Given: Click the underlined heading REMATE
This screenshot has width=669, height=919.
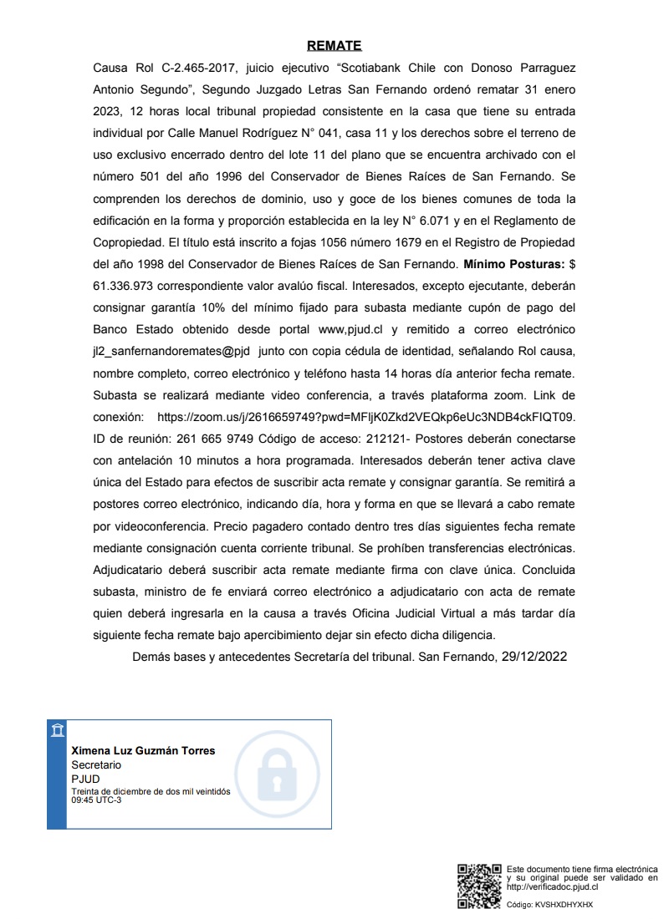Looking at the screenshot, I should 334,45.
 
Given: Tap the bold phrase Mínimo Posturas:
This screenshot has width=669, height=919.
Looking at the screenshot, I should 513,264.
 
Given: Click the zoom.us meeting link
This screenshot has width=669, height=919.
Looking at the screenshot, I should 365,416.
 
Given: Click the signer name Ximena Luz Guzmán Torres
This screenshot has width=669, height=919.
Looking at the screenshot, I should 143,750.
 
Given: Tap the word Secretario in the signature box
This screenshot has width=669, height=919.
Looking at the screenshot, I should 96,764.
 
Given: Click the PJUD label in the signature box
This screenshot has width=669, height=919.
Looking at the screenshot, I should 85,779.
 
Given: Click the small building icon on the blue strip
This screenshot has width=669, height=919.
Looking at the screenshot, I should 56,731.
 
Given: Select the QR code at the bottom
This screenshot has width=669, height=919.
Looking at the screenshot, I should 479,886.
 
